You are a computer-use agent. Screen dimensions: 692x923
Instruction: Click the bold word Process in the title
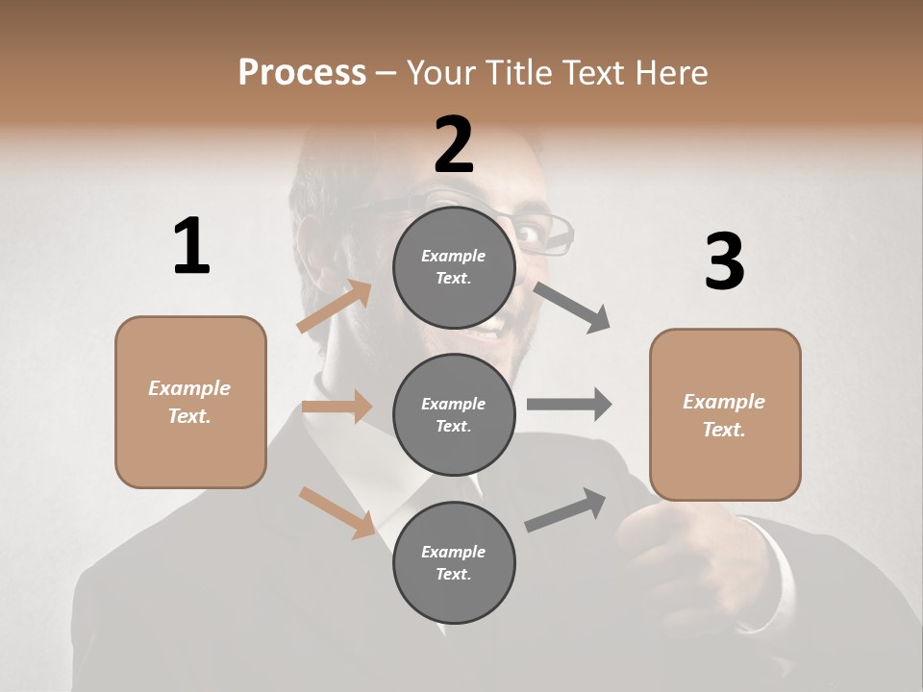[302, 72]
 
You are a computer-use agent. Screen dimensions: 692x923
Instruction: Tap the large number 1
[191, 247]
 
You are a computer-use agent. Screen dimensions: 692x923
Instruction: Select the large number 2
[454, 145]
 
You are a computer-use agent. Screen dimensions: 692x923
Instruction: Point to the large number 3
[724, 261]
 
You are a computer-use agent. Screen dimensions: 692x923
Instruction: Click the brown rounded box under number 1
[190, 402]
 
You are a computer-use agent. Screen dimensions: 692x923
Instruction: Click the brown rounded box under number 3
[725, 414]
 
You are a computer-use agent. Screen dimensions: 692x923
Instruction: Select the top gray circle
[454, 267]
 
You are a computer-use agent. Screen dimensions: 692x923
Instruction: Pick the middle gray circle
[454, 414]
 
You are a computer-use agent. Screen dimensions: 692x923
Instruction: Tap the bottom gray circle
[454, 562]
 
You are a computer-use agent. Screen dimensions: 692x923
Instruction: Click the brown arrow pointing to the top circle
[336, 307]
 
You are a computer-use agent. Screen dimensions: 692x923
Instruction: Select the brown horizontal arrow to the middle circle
[337, 407]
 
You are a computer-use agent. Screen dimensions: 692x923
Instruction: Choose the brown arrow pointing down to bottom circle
[337, 511]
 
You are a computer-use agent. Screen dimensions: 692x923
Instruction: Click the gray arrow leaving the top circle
[573, 307]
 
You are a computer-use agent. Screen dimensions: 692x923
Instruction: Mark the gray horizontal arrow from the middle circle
[569, 404]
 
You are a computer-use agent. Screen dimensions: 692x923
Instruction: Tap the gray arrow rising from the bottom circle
[566, 510]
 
